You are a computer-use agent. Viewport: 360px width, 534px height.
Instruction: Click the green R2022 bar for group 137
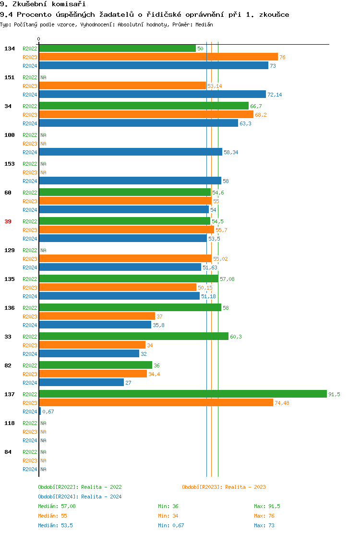182,394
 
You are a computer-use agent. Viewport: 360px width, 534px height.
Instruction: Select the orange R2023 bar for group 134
158,57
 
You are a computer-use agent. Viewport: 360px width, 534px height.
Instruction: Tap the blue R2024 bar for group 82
81,382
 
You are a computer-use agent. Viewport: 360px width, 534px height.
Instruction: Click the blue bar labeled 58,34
130,152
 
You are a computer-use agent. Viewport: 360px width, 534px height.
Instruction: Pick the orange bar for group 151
122,85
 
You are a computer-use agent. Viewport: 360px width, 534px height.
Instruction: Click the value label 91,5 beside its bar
334,394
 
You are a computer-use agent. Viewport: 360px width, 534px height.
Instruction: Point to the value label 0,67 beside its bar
48,412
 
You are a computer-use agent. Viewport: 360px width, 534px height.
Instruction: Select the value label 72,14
275,95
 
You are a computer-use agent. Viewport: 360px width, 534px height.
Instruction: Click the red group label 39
8,221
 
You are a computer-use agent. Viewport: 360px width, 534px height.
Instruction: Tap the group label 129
10,250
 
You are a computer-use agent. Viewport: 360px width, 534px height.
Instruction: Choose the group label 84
8,452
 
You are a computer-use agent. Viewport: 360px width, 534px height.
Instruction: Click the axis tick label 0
39,39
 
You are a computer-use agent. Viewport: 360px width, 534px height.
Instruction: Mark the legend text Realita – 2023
245,487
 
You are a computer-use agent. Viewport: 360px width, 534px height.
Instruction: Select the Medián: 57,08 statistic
57,506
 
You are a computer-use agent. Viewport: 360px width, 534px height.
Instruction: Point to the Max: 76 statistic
264,516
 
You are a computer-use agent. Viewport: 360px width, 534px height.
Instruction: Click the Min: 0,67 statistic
171,525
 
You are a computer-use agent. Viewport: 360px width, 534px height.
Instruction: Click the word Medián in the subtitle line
203,24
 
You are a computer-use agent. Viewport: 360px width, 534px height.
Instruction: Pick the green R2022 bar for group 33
133,336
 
